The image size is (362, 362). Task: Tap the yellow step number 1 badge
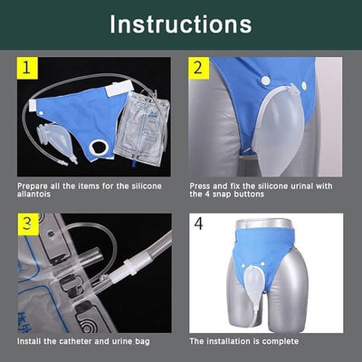tap(28, 67)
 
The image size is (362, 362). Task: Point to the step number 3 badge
tap(28, 222)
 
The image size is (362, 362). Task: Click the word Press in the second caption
tap(200, 185)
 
